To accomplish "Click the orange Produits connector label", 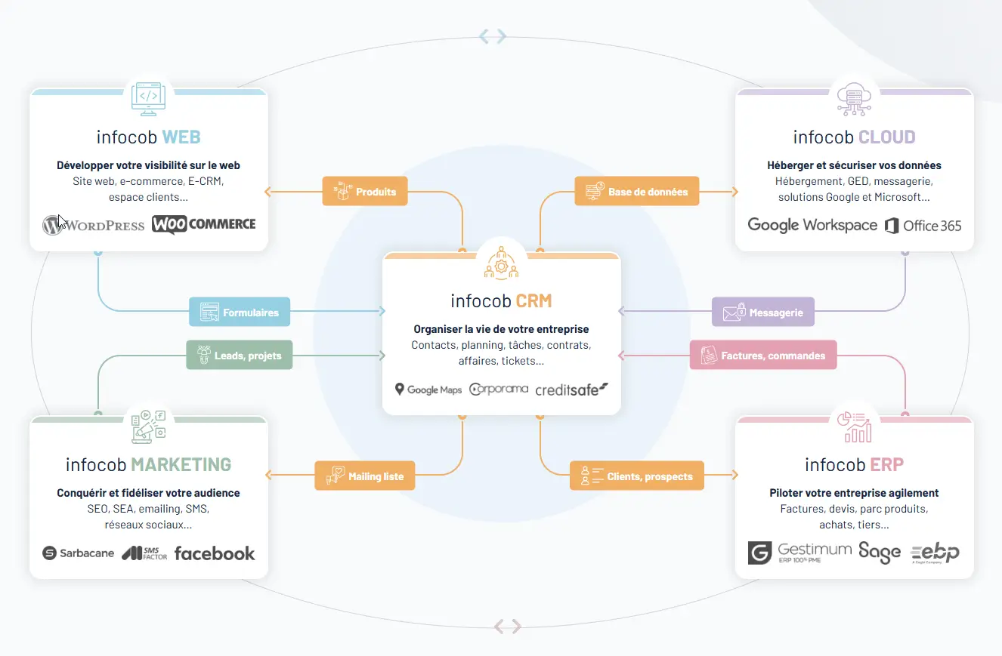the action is click(365, 191).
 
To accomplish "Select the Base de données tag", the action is click(637, 191).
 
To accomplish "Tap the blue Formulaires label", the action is click(240, 312).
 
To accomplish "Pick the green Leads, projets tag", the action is click(240, 356).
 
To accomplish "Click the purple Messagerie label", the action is click(763, 312).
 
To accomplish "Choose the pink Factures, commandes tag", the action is click(763, 356).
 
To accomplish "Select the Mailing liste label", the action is click(365, 476).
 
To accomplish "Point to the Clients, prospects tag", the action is click(637, 476).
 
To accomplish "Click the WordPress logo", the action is click(94, 225).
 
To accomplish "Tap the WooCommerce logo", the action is click(204, 224).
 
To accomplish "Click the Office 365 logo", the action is click(923, 226).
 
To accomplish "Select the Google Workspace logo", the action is click(812, 225).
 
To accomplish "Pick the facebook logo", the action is click(215, 553).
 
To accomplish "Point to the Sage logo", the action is click(880, 553).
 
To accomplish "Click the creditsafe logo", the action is click(572, 390).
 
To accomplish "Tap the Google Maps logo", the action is click(428, 390).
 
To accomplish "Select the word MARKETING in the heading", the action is click(181, 465).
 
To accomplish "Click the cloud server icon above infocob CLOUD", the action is click(854, 99).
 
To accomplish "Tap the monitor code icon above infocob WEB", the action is click(149, 99).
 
